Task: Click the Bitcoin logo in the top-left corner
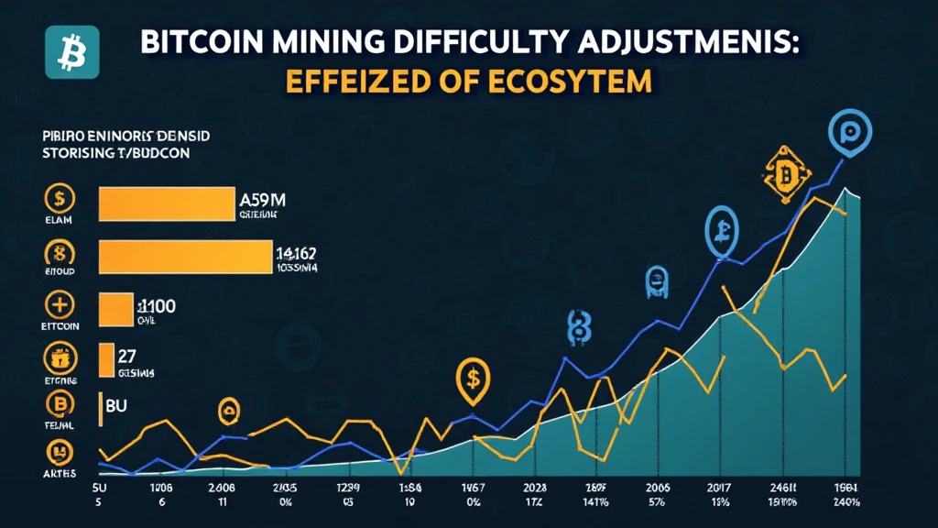[x=65, y=53]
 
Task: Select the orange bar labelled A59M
[x=166, y=203]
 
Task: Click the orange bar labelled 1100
[x=115, y=310]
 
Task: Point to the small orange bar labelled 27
[x=105, y=360]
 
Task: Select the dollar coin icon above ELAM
[x=60, y=199]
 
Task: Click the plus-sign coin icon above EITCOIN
[x=60, y=305]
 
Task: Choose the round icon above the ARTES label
[x=60, y=450]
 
